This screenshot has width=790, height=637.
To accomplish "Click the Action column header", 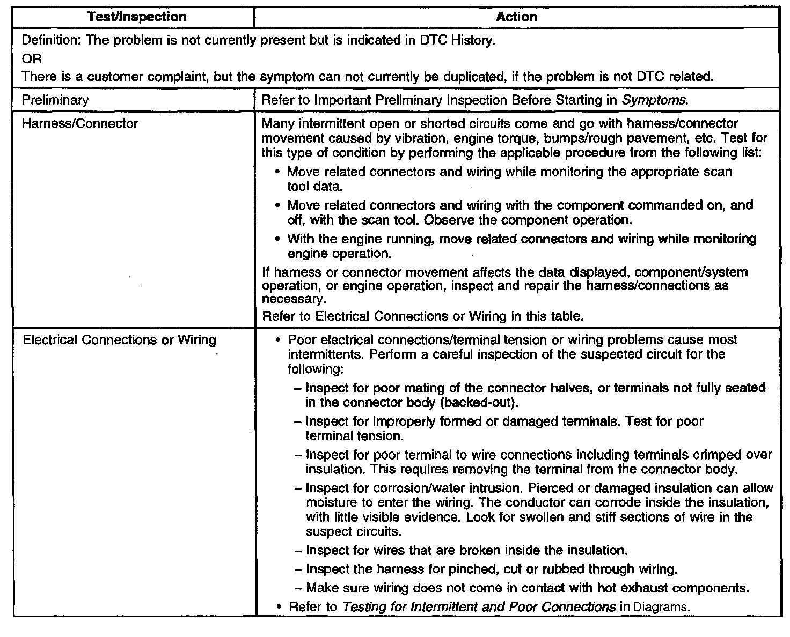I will coord(516,17).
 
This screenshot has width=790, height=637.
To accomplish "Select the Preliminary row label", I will coord(55,100).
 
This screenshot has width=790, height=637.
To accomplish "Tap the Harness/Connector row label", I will coord(80,124).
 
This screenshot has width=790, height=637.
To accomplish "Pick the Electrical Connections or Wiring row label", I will coord(119,340).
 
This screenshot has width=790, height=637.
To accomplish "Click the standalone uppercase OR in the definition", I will coord(32,58).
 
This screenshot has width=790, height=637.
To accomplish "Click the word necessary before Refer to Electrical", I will coord(293,299).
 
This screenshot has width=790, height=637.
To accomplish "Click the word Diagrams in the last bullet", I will coord(661,608).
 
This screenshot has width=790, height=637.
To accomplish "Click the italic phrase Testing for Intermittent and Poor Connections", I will coord(479,608).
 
